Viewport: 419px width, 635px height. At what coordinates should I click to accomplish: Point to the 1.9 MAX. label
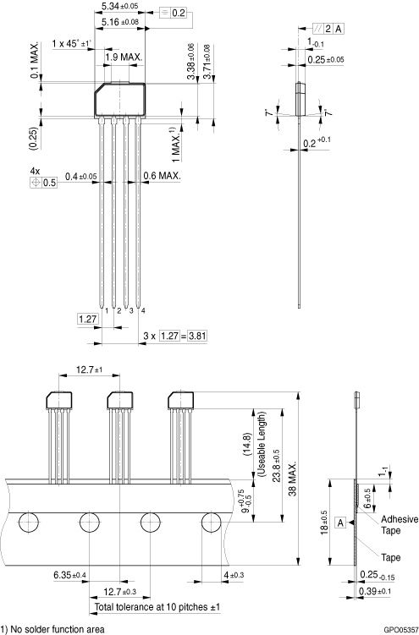point(124,57)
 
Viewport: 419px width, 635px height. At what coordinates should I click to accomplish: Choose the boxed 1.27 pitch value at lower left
point(88,319)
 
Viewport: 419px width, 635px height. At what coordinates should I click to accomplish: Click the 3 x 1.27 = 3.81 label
point(175,336)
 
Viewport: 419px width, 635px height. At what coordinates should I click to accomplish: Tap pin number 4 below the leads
point(142,311)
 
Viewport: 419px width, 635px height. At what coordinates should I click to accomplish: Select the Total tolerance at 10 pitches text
point(158,607)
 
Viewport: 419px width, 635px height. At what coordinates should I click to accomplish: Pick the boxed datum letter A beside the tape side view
point(340,523)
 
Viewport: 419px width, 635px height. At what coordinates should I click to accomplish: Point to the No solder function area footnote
point(55,629)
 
